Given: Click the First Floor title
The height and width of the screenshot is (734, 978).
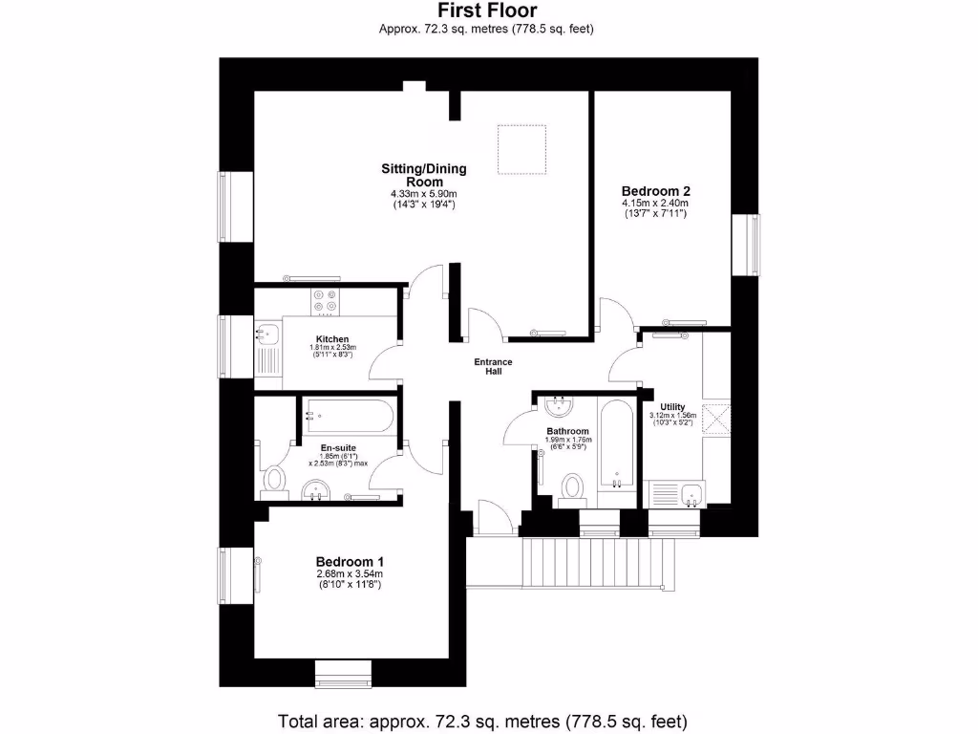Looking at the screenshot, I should coord(487,11).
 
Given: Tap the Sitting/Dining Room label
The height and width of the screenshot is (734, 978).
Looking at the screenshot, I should coord(424,175).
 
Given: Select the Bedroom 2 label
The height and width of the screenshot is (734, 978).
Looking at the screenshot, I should coord(655,190).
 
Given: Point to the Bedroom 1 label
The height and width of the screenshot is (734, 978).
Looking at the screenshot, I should coord(350,561).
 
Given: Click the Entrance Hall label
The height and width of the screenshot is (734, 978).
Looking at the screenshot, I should coord(494,366).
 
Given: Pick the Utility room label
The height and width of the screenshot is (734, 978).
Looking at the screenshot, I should coord(673,407).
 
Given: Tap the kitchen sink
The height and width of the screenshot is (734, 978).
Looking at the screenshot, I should coord(266,335).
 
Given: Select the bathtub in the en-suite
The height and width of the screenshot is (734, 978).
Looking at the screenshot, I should coord(346,417).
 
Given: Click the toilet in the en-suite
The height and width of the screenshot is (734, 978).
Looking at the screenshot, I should coord(275,478).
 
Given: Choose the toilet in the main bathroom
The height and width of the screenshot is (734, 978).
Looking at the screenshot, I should coord(573,486).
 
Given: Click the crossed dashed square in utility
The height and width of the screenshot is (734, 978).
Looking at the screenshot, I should coord(715,417).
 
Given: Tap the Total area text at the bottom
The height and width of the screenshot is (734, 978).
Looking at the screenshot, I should coord(482,720).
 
